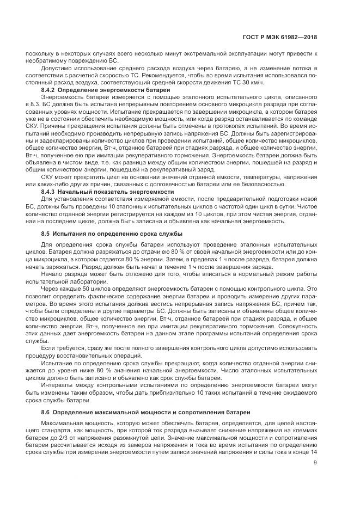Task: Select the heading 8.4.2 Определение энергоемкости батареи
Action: point(106,88)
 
